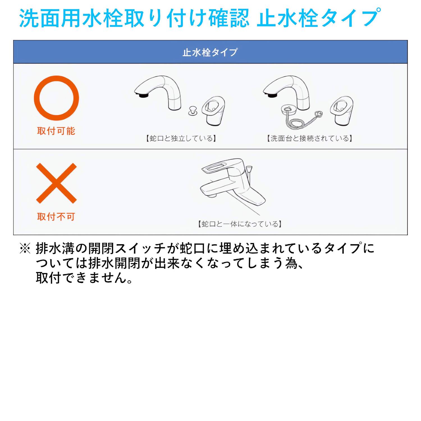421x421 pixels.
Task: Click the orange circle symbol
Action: click(56, 98)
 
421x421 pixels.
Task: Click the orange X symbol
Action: click(56, 183)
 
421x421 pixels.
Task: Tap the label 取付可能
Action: click(56, 131)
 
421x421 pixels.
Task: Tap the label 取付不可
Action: click(56, 216)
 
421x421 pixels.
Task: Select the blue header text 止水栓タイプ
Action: click(210, 52)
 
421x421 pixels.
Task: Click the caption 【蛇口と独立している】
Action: click(181, 138)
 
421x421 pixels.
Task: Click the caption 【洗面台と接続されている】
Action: click(309, 138)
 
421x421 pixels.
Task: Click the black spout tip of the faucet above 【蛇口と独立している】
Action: click(143, 96)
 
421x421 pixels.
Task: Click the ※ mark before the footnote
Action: click(25, 249)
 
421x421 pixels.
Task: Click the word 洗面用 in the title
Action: click(50, 18)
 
